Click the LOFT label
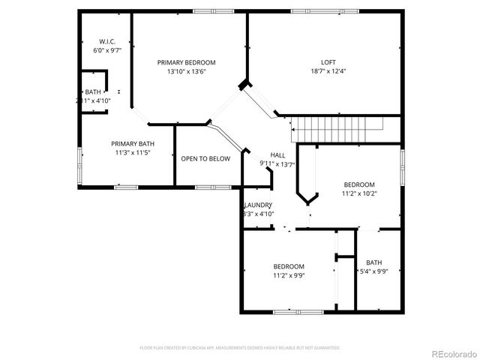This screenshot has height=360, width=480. [x=328, y=63]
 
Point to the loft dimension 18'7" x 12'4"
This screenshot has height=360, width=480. [x=328, y=72]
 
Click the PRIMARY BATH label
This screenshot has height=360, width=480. [x=133, y=144]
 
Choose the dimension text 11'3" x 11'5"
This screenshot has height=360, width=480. [x=133, y=153]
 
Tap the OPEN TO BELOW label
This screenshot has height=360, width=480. [x=205, y=159]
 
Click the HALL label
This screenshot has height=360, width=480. [x=277, y=155]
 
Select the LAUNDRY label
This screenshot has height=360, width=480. [x=259, y=205]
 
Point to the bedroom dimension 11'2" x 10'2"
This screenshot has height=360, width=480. [x=359, y=193]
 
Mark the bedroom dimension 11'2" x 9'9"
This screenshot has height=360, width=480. [x=288, y=275]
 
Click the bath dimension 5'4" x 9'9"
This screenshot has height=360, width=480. [x=373, y=271]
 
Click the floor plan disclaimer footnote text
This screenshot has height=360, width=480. [x=240, y=348]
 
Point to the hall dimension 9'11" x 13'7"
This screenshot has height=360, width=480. [x=277, y=164]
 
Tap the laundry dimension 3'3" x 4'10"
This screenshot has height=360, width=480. [x=259, y=214]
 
